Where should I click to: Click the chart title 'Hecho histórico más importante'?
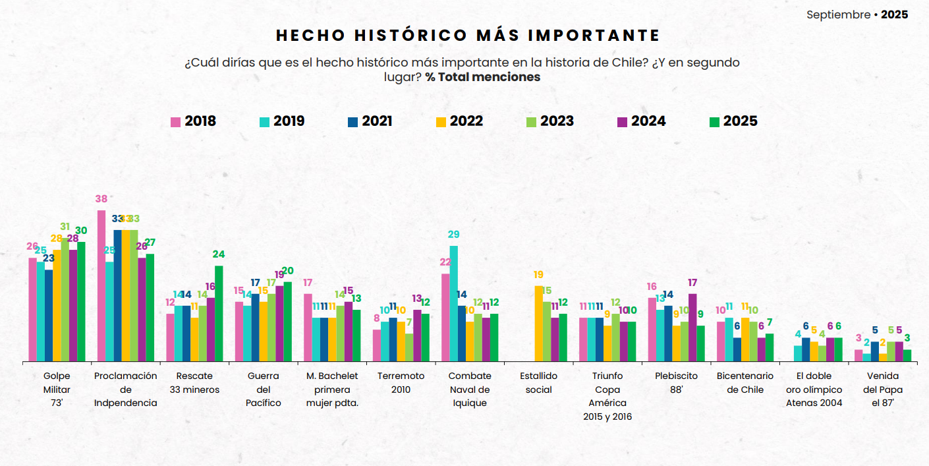pyautogui.click(x=468, y=35)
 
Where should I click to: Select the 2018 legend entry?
pyautogui.click(x=193, y=121)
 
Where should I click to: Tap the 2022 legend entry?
pyautogui.click(x=459, y=121)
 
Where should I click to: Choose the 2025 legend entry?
pyautogui.click(x=733, y=121)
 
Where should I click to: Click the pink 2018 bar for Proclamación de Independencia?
pyautogui.click(x=101, y=285)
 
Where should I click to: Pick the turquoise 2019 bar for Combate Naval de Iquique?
pyautogui.click(x=453, y=303)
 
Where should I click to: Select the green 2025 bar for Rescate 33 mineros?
pyautogui.click(x=219, y=313)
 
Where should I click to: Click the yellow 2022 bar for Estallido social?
pyautogui.click(x=539, y=323)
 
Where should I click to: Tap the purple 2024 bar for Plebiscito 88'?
pyautogui.click(x=692, y=327)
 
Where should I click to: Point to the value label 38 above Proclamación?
pyautogui.click(x=101, y=199)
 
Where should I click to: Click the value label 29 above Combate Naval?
pyautogui.click(x=453, y=235)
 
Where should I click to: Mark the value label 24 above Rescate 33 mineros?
pyautogui.click(x=219, y=254)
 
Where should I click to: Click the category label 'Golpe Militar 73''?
pyautogui.click(x=57, y=389)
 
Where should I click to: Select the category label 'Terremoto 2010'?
pyautogui.click(x=401, y=382)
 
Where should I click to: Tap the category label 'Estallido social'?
pyautogui.click(x=539, y=382)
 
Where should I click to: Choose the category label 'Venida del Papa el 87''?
pyautogui.click(x=883, y=389)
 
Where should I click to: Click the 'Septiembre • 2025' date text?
pyautogui.click(x=857, y=15)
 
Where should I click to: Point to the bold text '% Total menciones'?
pyautogui.click(x=482, y=77)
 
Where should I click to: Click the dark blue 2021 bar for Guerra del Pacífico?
pyautogui.click(x=255, y=327)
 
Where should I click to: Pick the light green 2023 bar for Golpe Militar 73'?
pyautogui.click(x=65, y=300)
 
